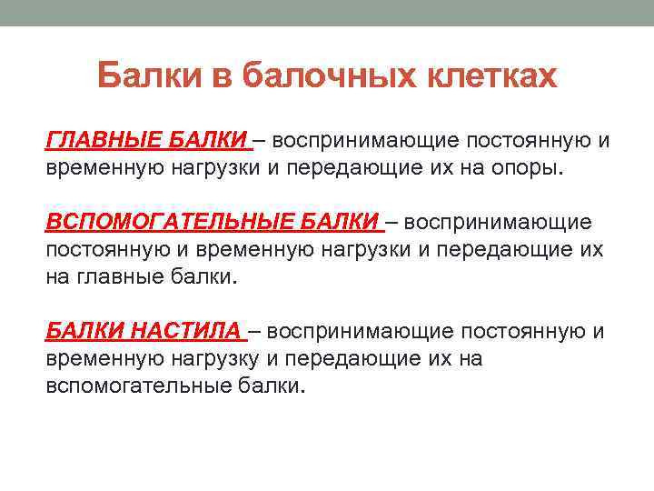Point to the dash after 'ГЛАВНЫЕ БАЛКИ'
[260, 141]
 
